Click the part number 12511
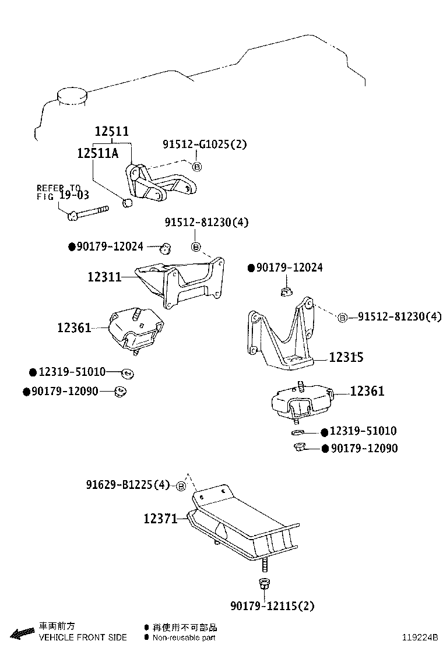coord(112,132)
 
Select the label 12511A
coord(98,153)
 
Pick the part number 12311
coord(104,277)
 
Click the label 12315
coord(346,357)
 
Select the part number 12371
coord(160,518)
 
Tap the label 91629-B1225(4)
coord(128,485)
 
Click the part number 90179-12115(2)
coord(272,606)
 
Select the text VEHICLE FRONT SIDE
coord(83,638)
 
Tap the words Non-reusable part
coord(184,638)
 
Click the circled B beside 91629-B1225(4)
coord(181,486)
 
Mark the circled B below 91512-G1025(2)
coord(196,167)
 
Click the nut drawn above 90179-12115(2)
coord(262,583)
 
